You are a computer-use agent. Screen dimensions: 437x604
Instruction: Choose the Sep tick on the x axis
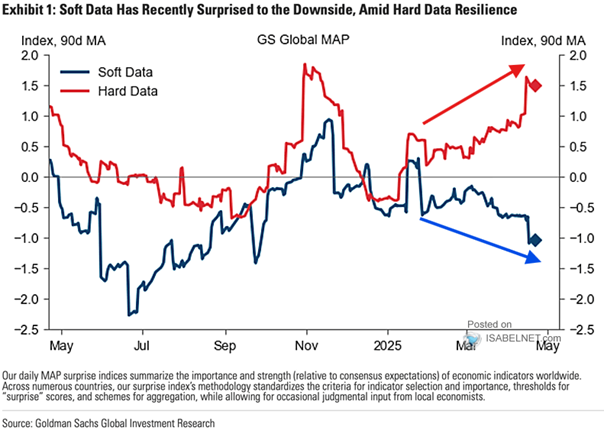[x=224, y=346]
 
